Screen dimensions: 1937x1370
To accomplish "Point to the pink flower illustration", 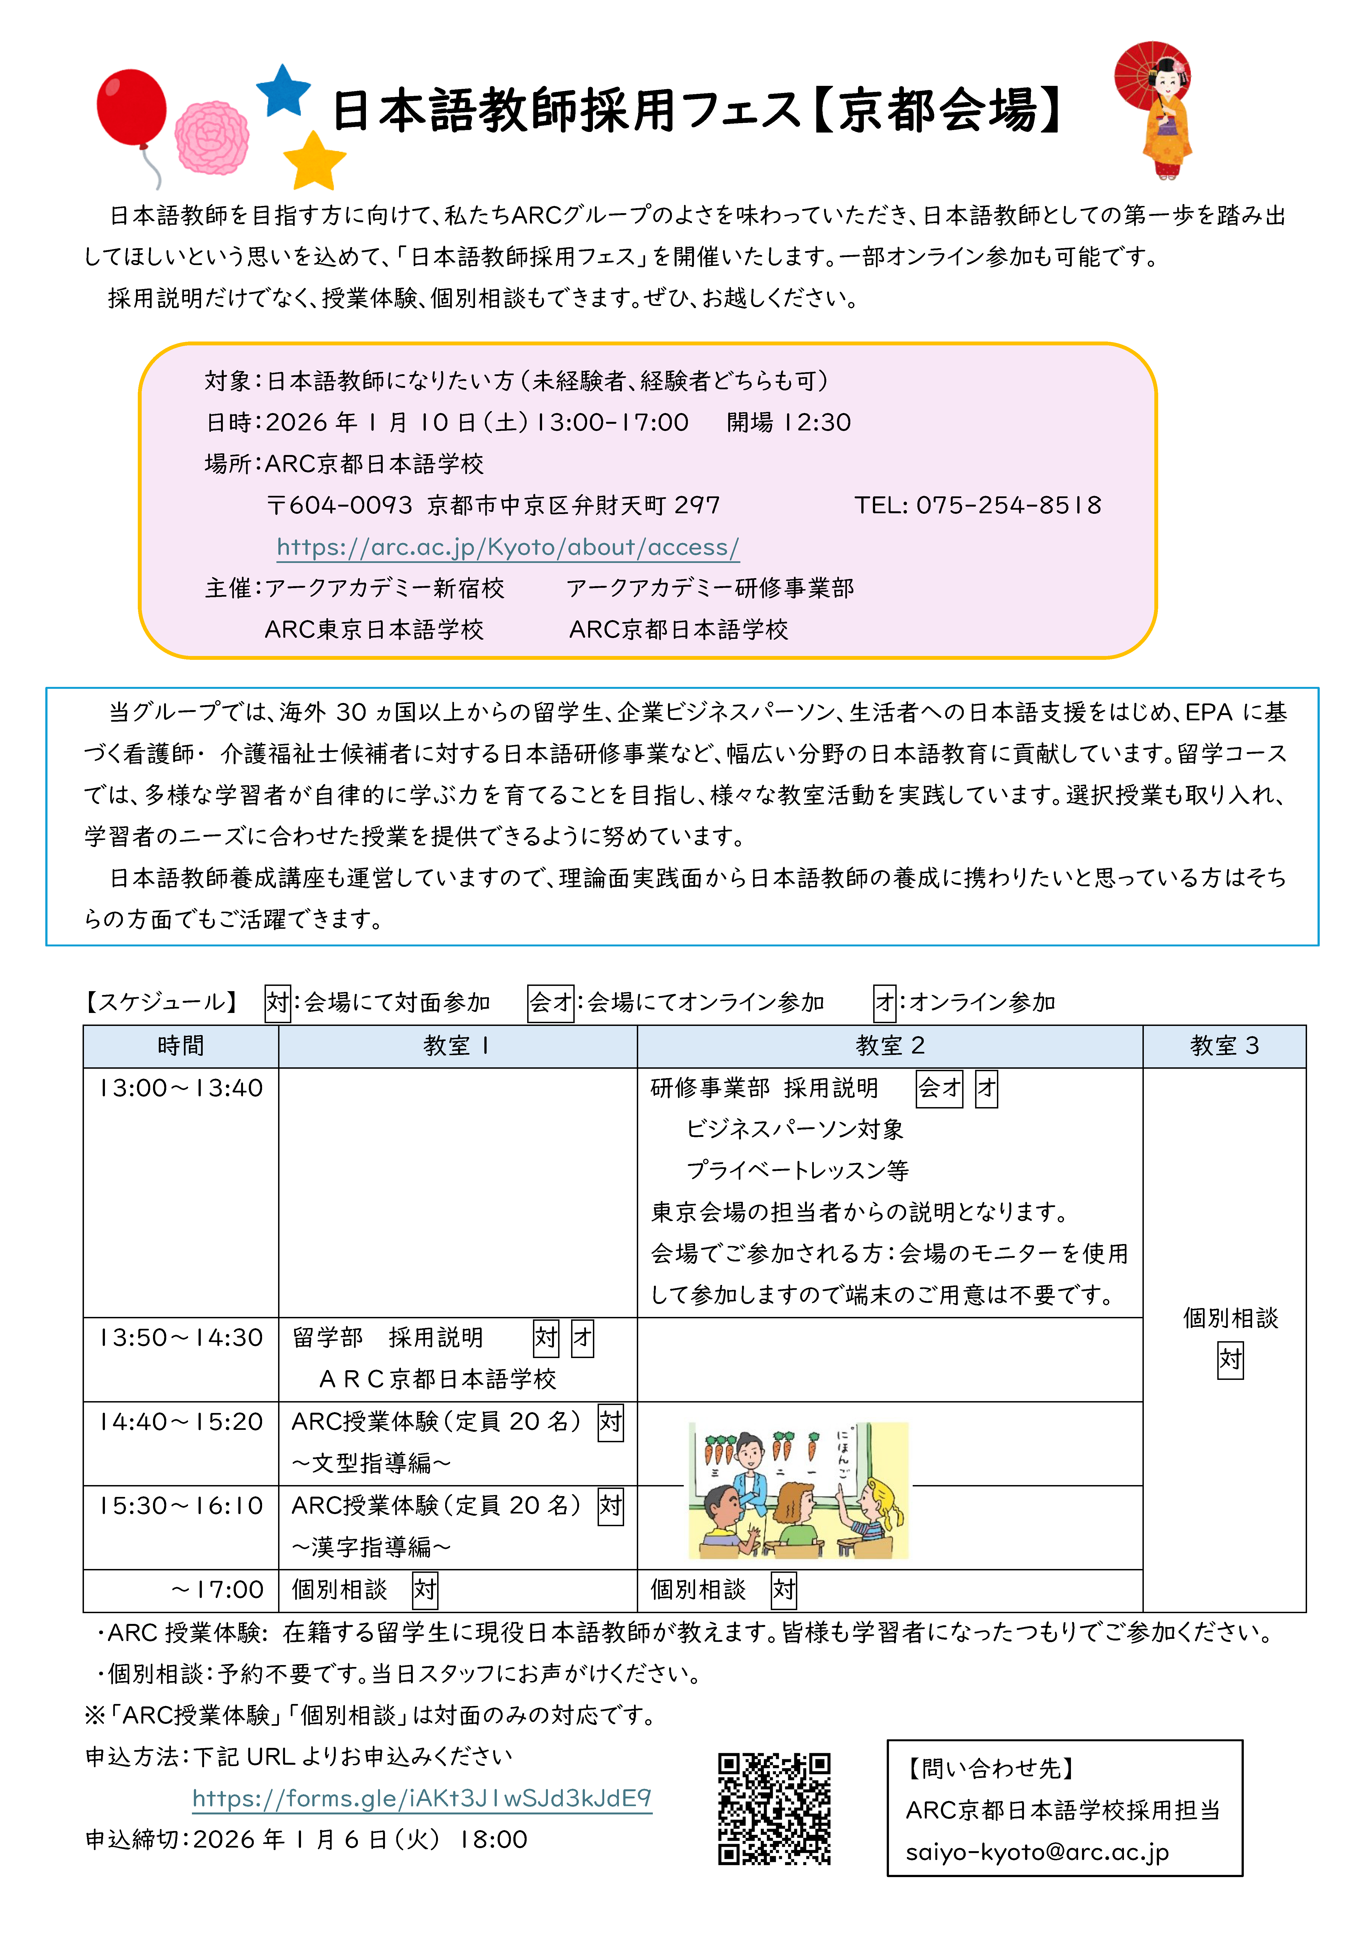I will point(212,137).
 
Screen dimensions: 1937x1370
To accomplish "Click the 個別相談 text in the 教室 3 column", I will point(1230,1318).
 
